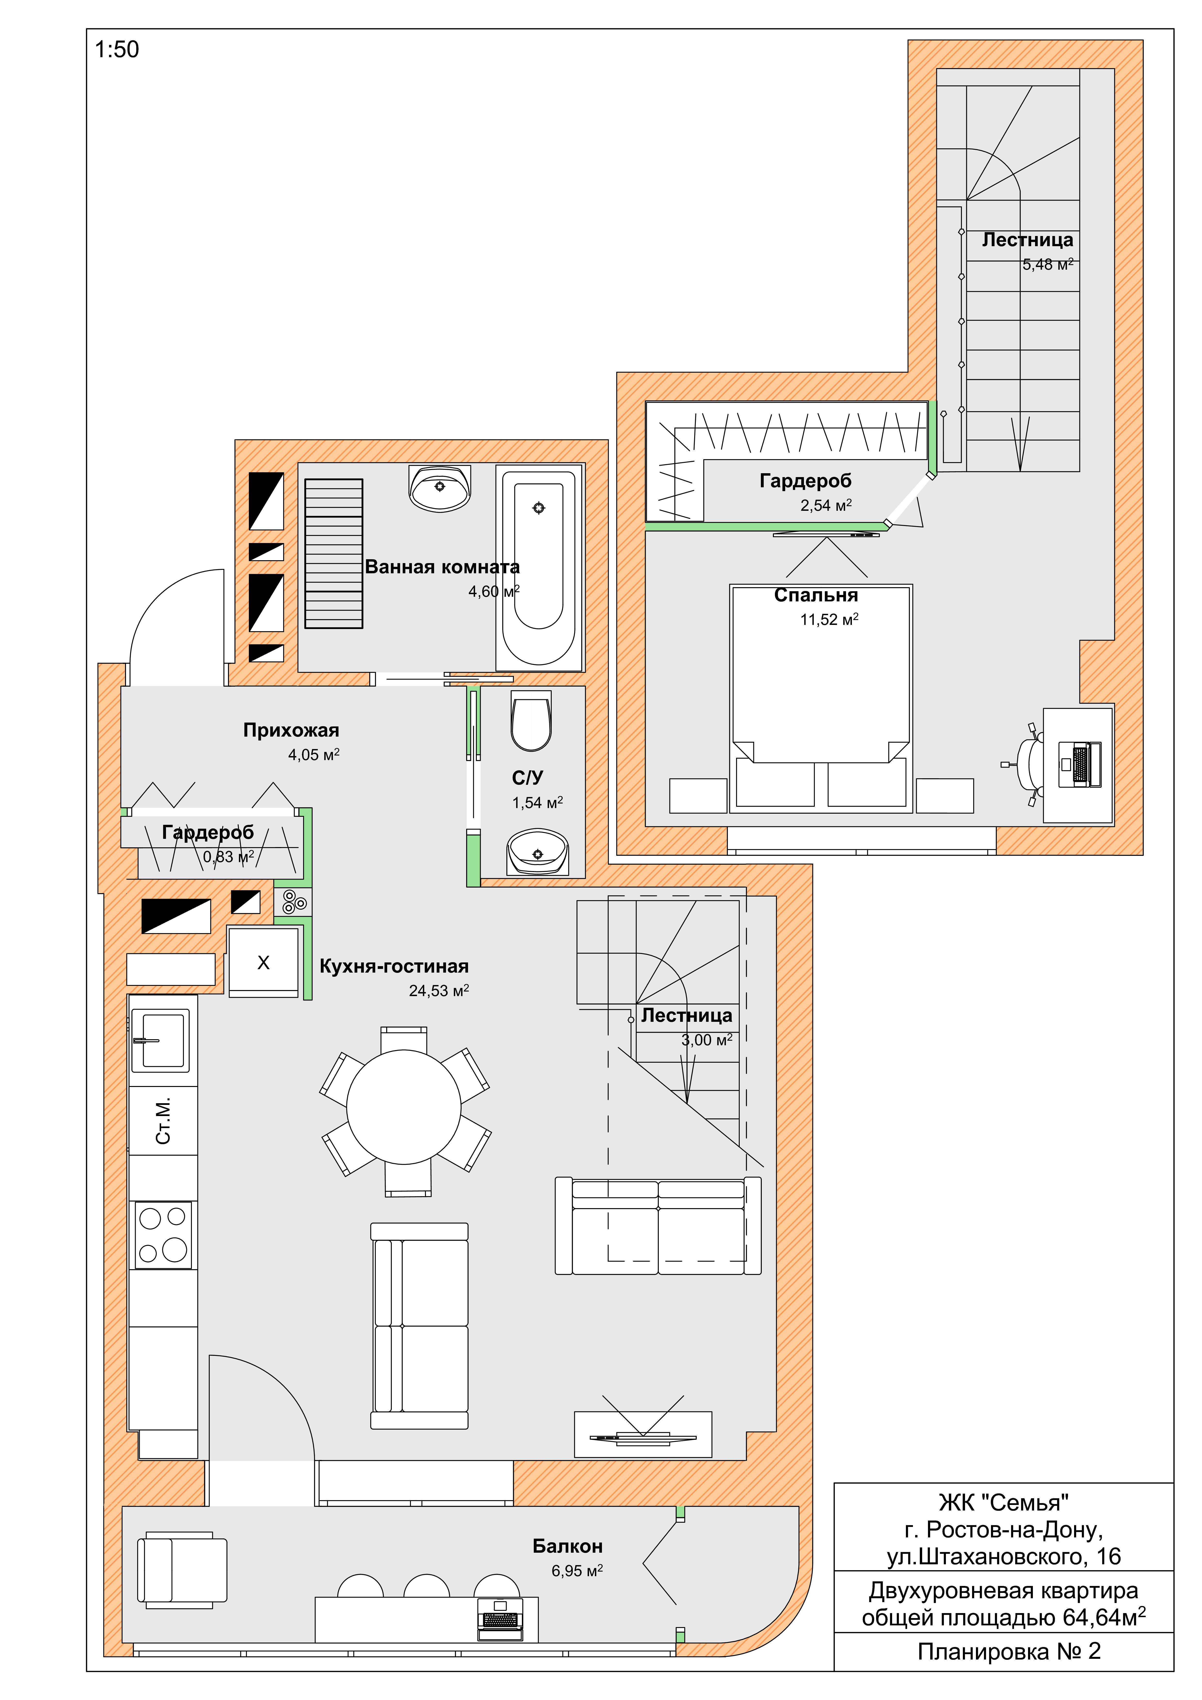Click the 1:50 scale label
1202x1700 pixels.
(x=117, y=50)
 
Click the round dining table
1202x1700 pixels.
(x=404, y=1107)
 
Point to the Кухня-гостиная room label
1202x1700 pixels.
(x=394, y=966)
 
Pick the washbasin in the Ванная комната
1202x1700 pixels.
(x=440, y=489)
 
